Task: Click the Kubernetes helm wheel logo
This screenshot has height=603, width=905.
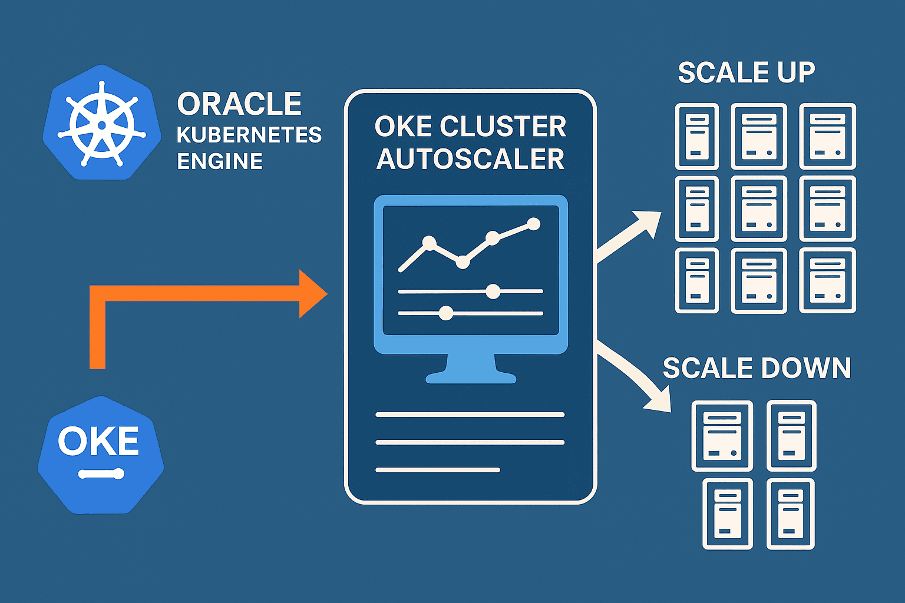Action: (101, 124)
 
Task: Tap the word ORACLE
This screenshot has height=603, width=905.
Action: (239, 104)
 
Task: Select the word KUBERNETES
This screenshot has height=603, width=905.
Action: (249, 135)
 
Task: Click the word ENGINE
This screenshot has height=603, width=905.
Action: (220, 161)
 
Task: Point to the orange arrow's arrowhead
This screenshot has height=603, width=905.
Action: (312, 294)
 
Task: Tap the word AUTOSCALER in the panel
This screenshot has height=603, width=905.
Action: (470, 159)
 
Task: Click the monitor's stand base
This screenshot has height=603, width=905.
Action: (471, 376)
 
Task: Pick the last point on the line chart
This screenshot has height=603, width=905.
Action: (533, 224)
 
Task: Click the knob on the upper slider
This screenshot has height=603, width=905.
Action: (493, 291)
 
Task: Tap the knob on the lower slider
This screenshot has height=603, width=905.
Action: (446, 313)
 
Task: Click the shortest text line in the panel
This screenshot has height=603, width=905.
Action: (438, 470)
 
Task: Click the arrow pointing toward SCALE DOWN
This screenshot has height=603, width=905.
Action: (636, 377)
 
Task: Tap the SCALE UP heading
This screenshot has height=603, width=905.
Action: (746, 72)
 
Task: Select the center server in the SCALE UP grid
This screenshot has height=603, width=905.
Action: (759, 209)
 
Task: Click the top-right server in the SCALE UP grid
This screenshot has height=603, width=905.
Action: (827, 137)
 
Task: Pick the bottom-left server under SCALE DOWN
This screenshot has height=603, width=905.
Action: (728, 513)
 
